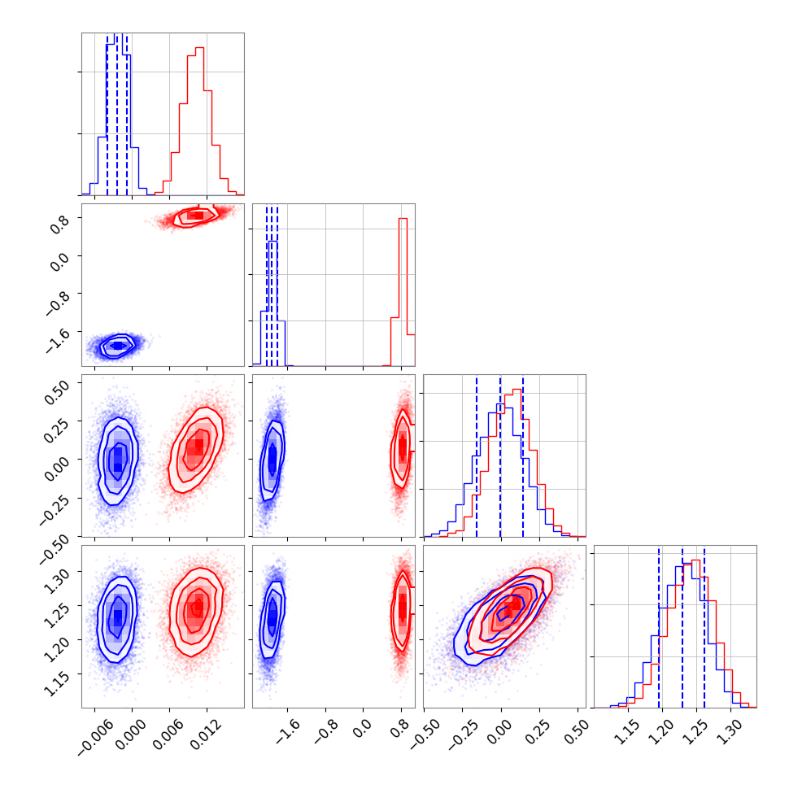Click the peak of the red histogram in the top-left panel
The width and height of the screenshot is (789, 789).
(x=199, y=49)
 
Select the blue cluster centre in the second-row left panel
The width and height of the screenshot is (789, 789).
(x=117, y=346)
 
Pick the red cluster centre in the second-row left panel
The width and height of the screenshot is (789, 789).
(x=196, y=215)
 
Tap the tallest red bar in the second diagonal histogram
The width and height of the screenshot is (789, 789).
(x=402, y=220)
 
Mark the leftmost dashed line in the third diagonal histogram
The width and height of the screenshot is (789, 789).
(x=477, y=456)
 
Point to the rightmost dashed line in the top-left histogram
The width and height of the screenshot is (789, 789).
(x=127, y=114)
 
